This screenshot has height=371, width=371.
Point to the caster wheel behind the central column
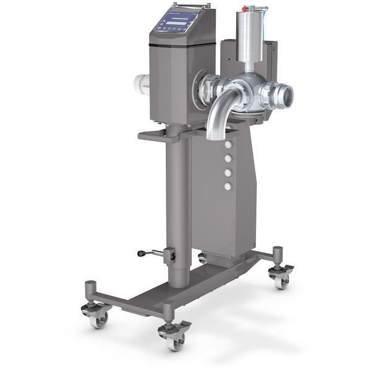click(203, 258)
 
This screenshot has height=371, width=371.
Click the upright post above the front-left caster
click(91, 291)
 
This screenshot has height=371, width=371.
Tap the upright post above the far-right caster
click(278, 255)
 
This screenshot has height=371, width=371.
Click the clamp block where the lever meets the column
click(169, 255)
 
